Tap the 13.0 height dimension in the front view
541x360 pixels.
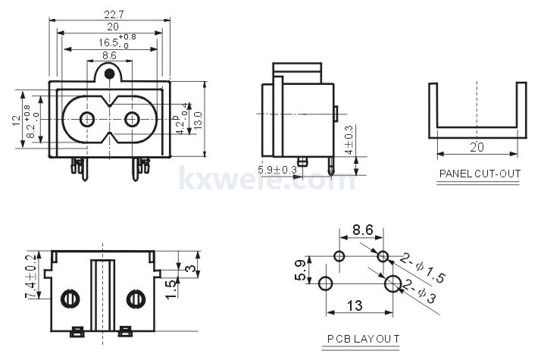click(199, 119)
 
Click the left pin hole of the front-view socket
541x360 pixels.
click(86, 119)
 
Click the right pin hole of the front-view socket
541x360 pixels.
click(132, 119)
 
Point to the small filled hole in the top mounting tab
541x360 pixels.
click(110, 74)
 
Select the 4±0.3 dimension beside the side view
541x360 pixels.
click(349, 140)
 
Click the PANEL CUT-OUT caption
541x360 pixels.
click(480, 174)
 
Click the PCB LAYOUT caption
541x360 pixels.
click(363, 339)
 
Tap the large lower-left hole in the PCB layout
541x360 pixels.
click(327, 284)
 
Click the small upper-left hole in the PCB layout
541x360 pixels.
click(339, 256)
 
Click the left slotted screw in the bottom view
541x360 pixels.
click(69, 299)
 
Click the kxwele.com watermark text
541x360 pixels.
click(266, 180)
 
